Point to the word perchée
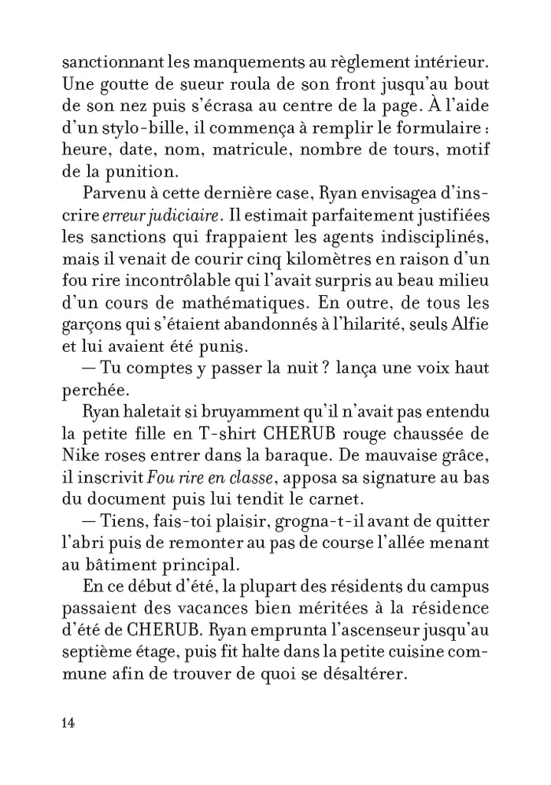pos(91,392)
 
